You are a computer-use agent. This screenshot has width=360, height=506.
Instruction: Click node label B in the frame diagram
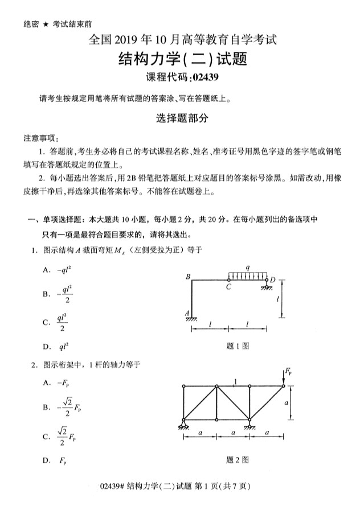pos(187,277)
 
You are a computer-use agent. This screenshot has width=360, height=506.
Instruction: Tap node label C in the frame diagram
pos(228,287)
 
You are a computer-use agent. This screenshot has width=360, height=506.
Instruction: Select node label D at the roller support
pos(272,279)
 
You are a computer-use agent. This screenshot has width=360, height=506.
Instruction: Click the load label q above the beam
pos(247,266)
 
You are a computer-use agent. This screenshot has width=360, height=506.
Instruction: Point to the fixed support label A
pos(187,313)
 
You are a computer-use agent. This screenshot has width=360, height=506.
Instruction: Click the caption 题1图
pos(238,345)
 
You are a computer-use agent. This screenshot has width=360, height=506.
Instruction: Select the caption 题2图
pos(238,460)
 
